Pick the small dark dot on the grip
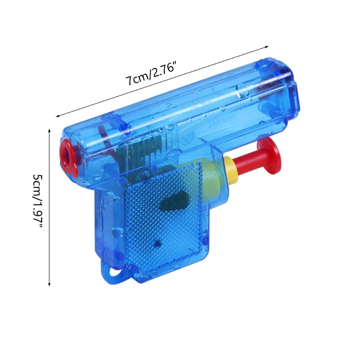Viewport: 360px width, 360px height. point(157,243)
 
